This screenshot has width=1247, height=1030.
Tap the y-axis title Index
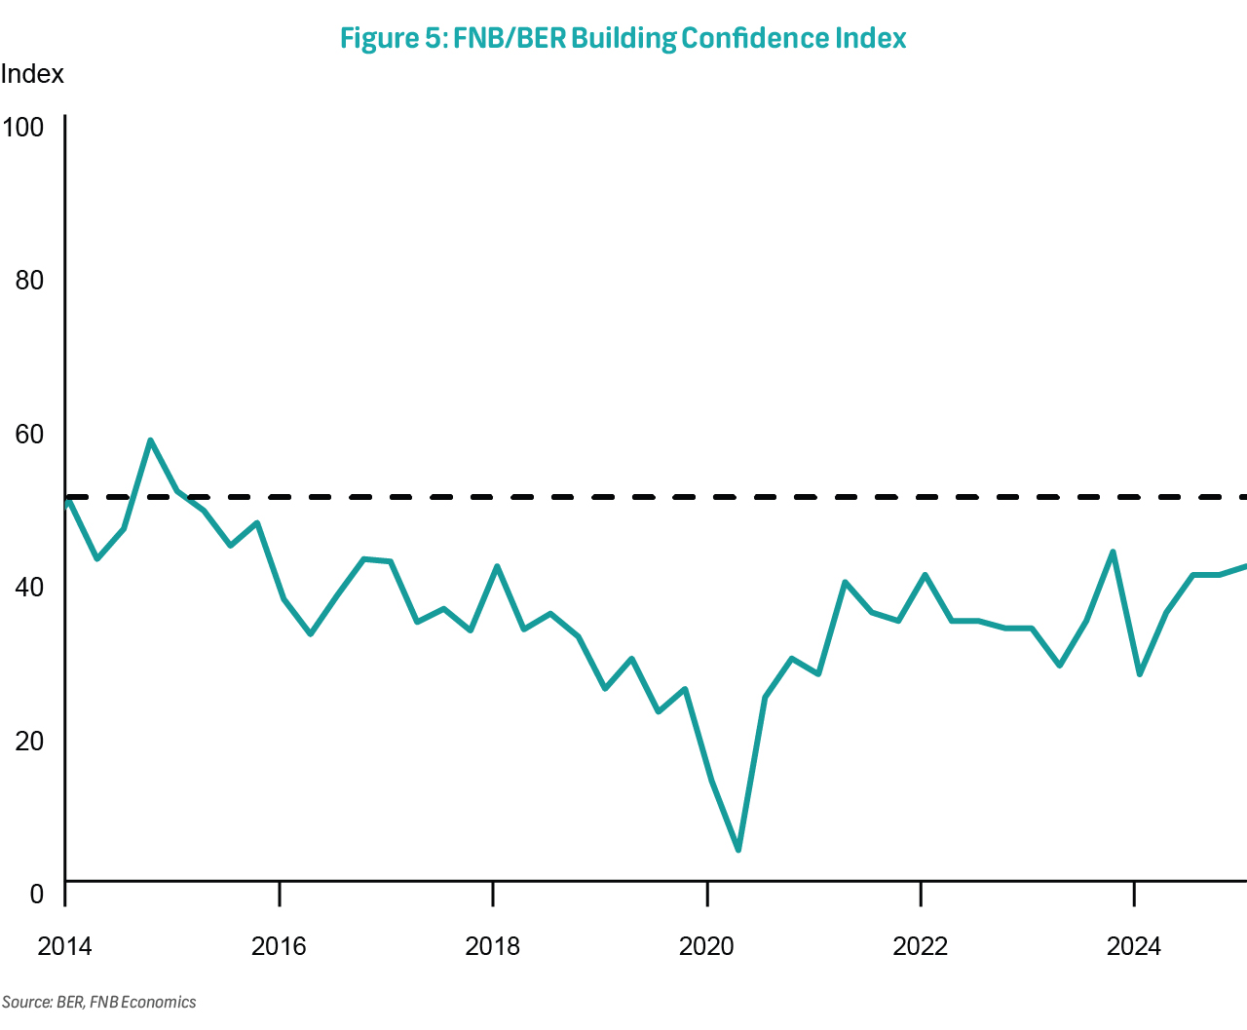(32, 74)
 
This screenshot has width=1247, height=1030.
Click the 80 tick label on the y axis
(29, 281)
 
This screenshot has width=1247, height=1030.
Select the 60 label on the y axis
(29, 434)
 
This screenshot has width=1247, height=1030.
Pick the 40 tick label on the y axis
(29, 587)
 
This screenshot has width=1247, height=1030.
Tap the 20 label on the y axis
(29, 741)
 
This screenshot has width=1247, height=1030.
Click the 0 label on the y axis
(37, 894)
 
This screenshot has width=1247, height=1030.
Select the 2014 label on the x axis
(64, 946)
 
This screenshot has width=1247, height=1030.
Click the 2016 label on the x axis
(279, 946)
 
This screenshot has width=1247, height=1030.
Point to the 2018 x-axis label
(493, 946)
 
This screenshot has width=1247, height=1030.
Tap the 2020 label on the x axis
(706, 946)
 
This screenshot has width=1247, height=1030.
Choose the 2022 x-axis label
(921, 946)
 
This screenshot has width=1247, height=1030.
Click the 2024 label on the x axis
(1134, 946)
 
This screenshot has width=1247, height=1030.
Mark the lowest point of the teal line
(738, 850)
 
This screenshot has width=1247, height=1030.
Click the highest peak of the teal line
(150, 440)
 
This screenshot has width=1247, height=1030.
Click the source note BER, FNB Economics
(98, 1002)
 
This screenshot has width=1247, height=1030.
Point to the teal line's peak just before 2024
(1113, 553)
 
